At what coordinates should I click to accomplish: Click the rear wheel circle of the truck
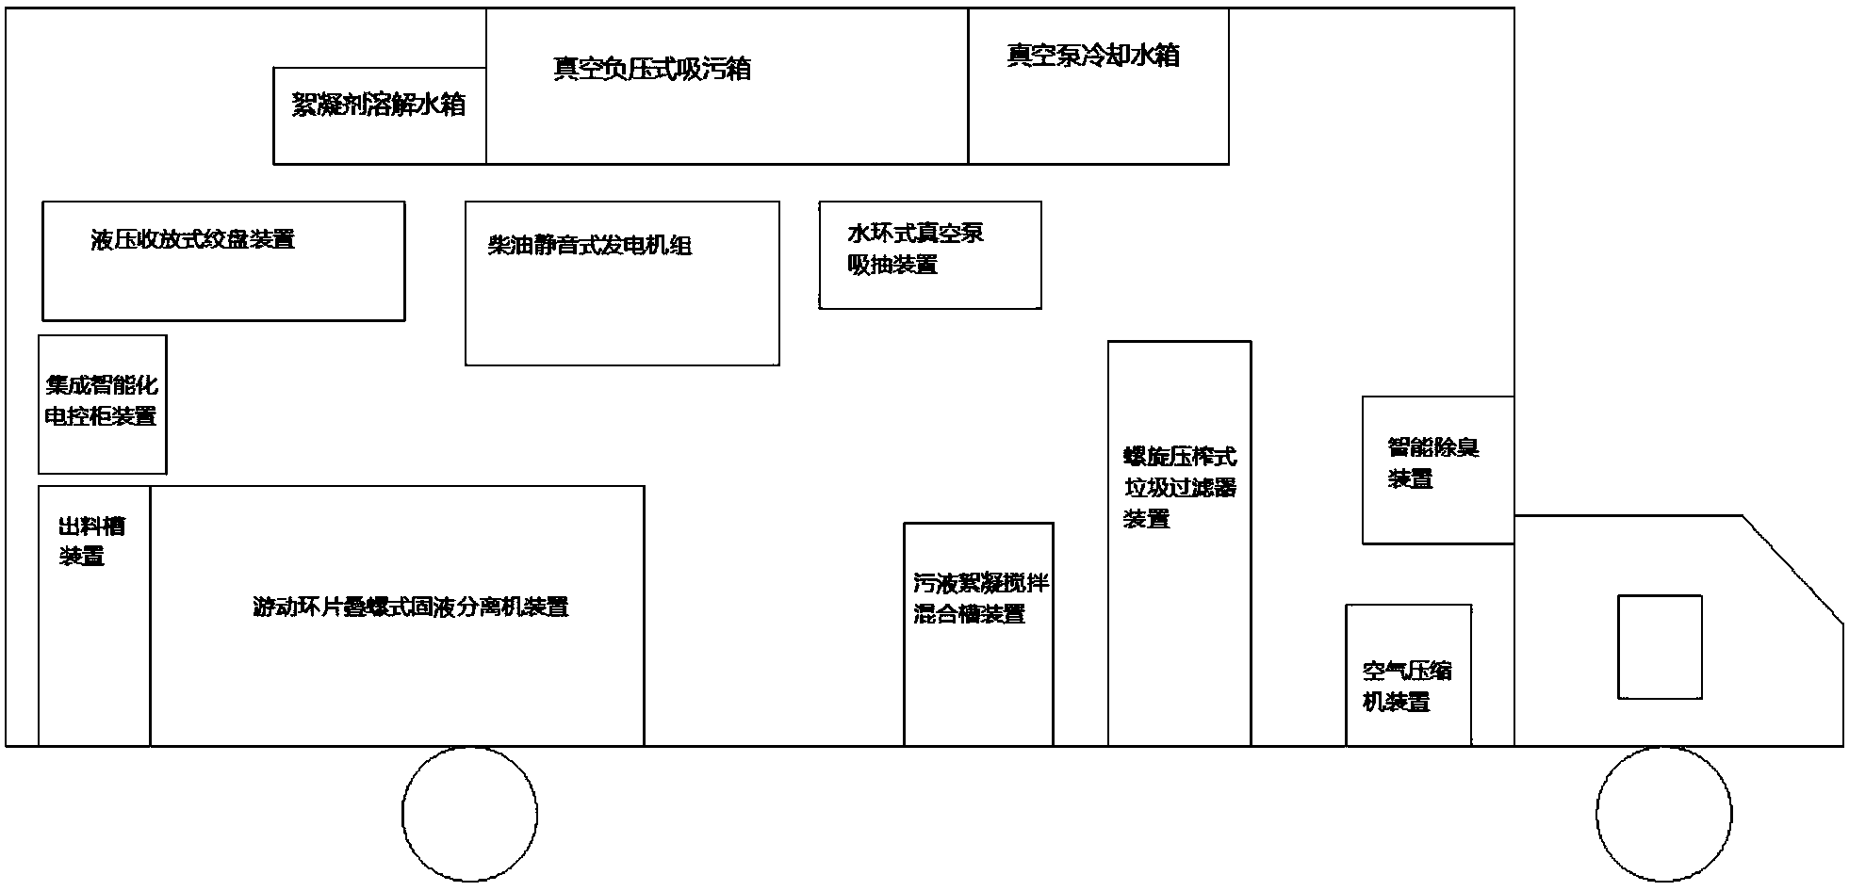pyautogui.click(x=469, y=814)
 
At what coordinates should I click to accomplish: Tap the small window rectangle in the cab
pyautogui.click(x=1660, y=646)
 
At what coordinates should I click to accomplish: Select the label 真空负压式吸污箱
pyautogui.click(x=651, y=69)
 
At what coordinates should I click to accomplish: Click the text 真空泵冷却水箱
pyautogui.click(x=1092, y=56)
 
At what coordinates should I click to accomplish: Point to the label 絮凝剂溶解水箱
pyautogui.click(x=379, y=105)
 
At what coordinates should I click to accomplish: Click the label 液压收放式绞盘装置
pyautogui.click(x=193, y=239)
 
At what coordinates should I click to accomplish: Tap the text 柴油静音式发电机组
pyautogui.click(x=590, y=246)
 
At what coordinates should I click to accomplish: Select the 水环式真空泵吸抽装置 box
pyautogui.click(x=929, y=254)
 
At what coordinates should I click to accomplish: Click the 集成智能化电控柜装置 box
pyautogui.click(x=102, y=403)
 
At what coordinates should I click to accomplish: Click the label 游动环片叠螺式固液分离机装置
pyautogui.click(x=410, y=607)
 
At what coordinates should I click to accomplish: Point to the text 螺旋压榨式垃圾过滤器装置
pyautogui.click(x=1179, y=488)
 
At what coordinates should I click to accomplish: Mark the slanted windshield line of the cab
pyautogui.click(x=1792, y=569)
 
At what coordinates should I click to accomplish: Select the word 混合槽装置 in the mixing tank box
pyautogui.click(x=970, y=615)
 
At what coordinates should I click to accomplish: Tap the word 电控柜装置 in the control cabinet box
pyautogui.click(x=101, y=415)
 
